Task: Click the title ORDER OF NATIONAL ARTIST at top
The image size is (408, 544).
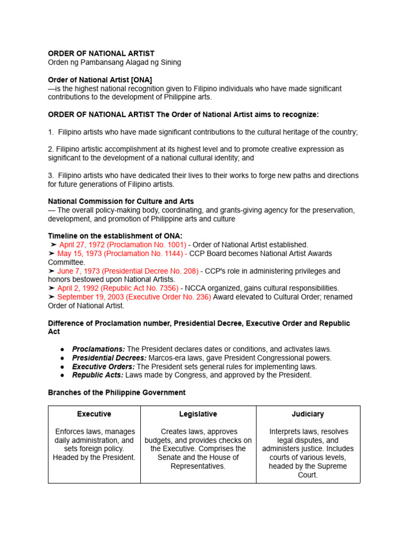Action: pos(101,54)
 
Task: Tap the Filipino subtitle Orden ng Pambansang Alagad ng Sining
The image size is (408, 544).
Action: pos(114,62)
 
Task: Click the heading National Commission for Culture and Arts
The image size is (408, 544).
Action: pos(121,201)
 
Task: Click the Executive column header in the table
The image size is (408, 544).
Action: pos(94,414)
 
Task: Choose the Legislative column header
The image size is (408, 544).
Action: pos(198,414)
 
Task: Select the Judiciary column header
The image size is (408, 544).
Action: pos(308,414)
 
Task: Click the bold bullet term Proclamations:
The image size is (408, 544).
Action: pos(98,349)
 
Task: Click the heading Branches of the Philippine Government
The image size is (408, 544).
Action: pos(116,393)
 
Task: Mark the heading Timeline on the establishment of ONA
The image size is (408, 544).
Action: pos(116,236)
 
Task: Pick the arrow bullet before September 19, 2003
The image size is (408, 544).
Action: pos(53,297)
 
